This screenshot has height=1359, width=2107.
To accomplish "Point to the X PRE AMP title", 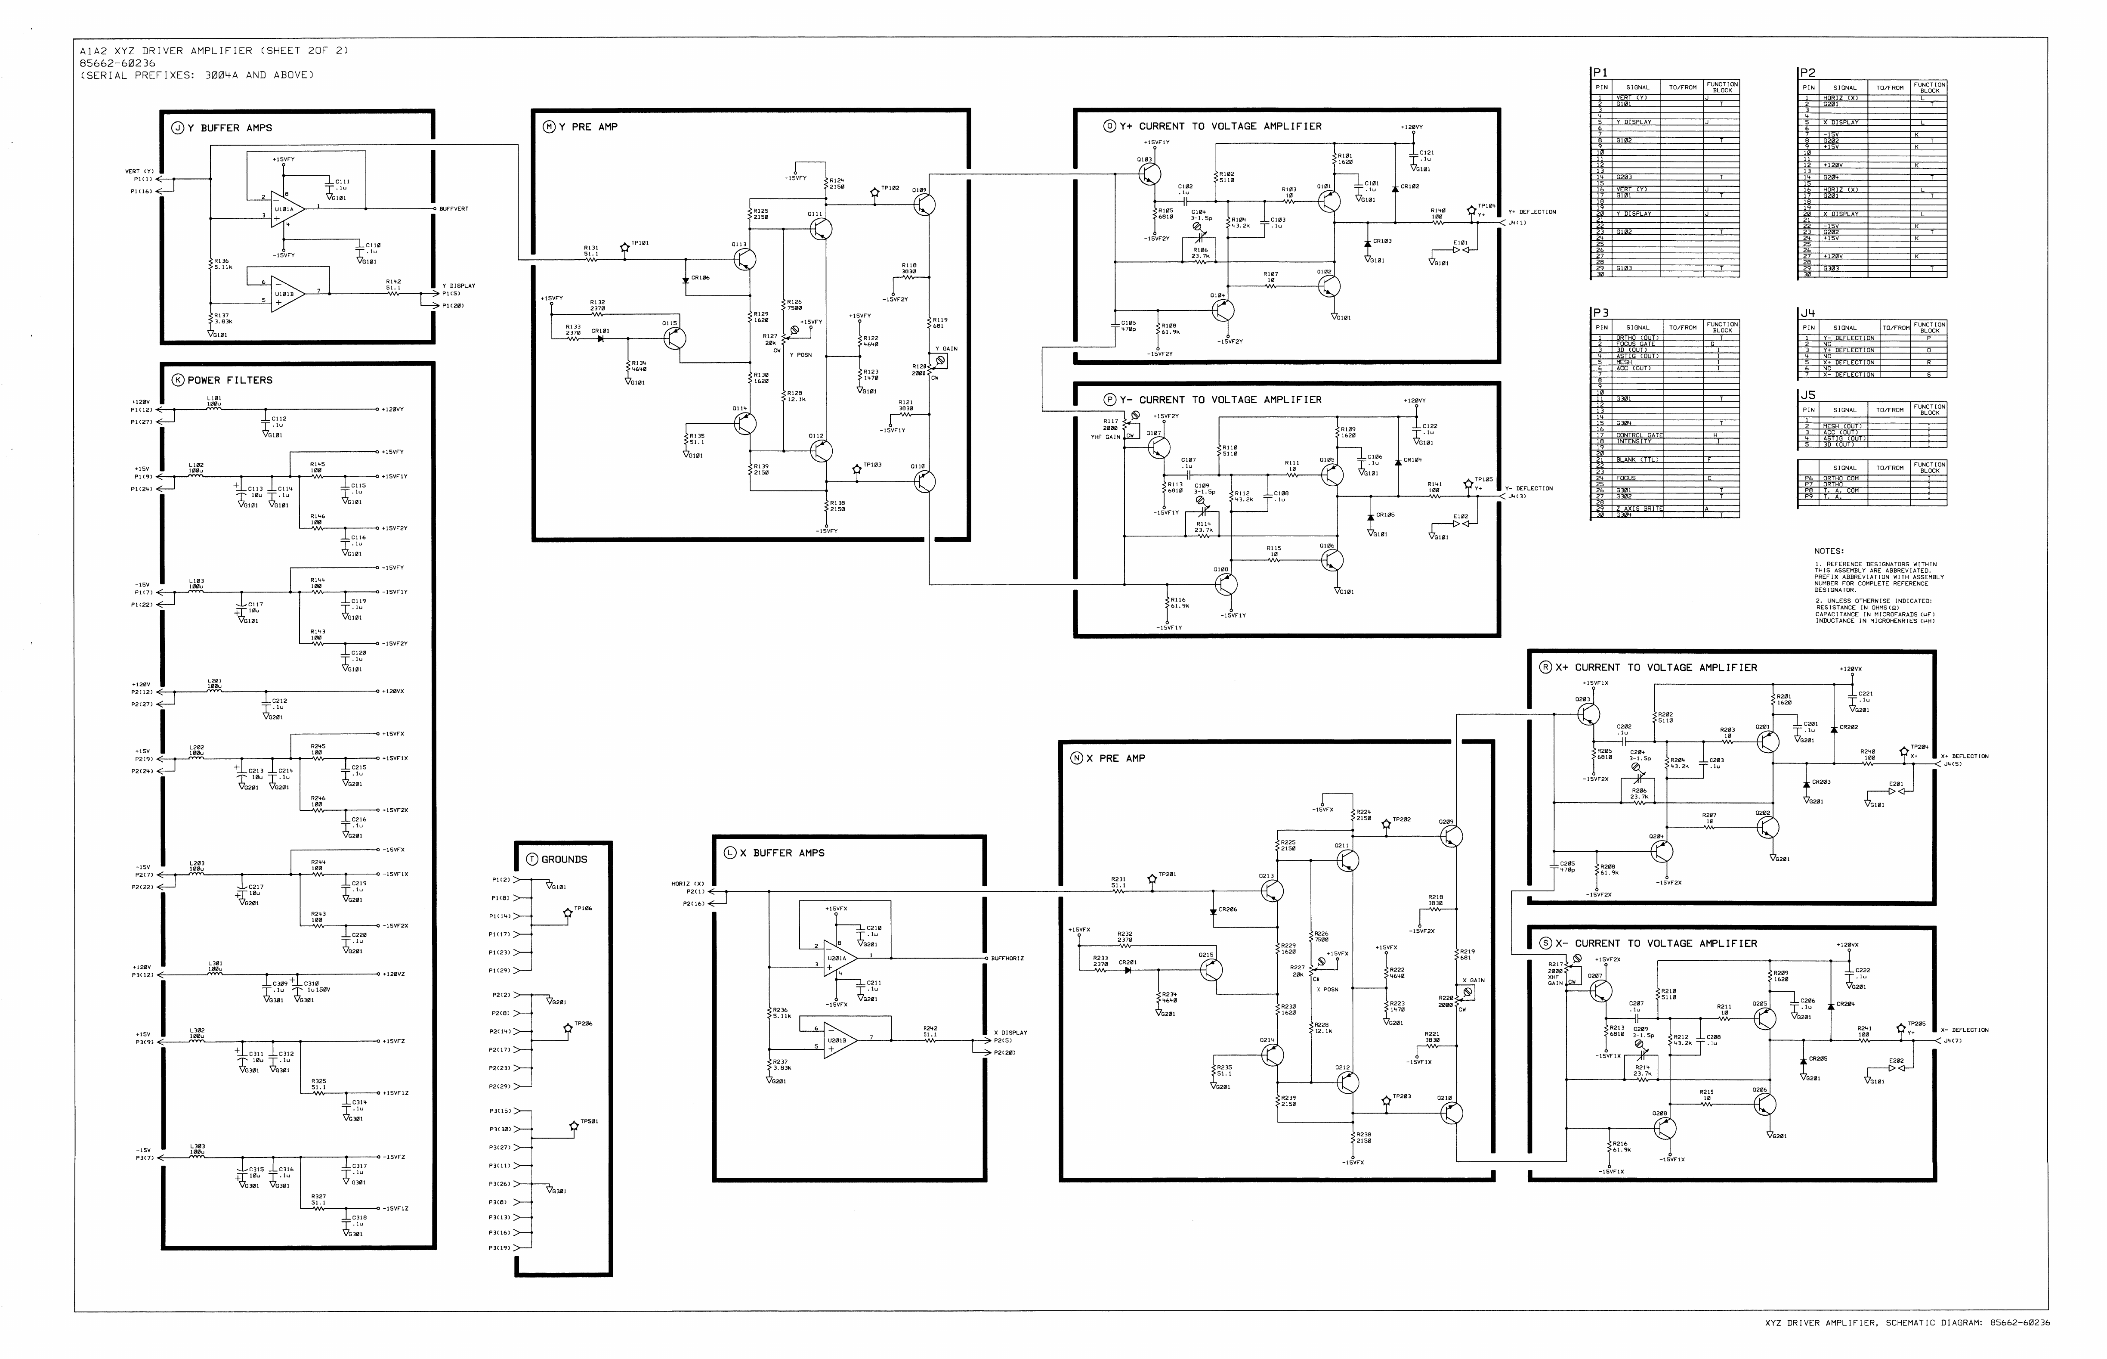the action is point(1121,758).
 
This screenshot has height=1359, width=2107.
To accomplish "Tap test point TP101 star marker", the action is point(624,248).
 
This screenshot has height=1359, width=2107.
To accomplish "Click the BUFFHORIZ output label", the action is point(1006,959).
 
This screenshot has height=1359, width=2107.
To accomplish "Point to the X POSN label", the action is point(1327,990).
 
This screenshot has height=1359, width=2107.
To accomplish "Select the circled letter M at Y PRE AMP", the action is point(549,127).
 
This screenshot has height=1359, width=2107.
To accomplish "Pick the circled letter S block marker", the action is point(1545,943).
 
